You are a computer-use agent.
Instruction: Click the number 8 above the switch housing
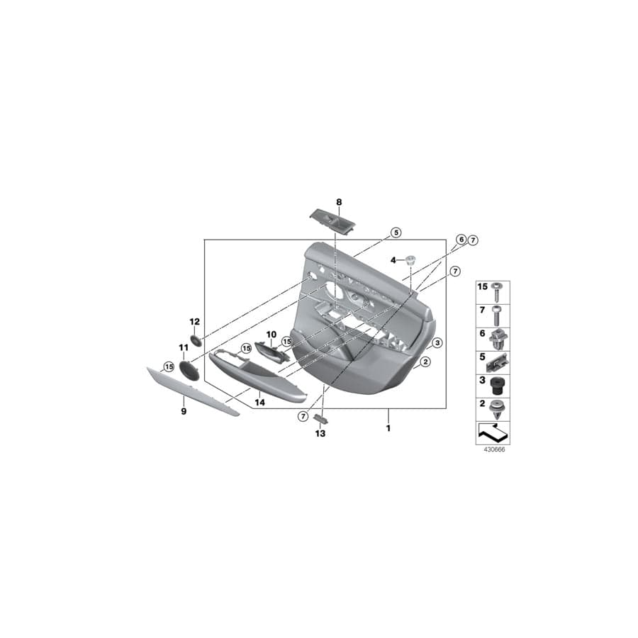tap(339, 202)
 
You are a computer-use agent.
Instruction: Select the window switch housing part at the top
tap(332, 220)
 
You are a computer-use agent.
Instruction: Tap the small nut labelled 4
tap(410, 260)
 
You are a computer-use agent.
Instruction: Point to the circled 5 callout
tap(396, 233)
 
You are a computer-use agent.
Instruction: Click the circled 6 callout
tap(461, 240)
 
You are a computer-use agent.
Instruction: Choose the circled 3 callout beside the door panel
tap(437, 342)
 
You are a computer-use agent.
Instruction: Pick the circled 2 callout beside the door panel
tap(425, 362)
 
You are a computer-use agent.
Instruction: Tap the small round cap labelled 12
tap(196, 339)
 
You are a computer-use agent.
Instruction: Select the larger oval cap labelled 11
tap(186, 368)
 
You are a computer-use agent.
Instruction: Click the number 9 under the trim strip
tap(183, 411)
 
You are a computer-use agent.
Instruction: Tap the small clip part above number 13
tap(320, 419)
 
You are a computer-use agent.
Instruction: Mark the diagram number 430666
tap(492, 449)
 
